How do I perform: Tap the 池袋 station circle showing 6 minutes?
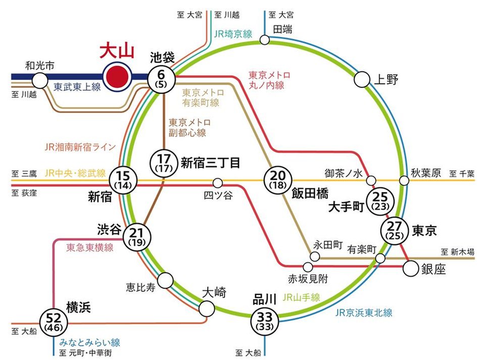point(162,79)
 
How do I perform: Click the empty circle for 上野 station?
point(362,79)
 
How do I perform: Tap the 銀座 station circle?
point(411,269)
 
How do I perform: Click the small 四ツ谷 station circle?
point(218,182)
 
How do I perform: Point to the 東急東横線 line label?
point(90,247)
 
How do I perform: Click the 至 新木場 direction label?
point(457,251)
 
